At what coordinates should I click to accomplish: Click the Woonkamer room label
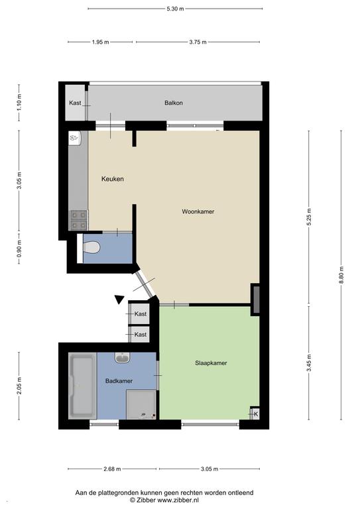click(x=198, y=211)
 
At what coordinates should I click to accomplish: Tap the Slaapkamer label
click(x=211, y=363)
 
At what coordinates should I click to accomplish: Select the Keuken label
click(x=112, y=179)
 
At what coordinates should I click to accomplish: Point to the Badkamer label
click(x=119, y=381)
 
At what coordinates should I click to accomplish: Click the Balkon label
click(x=174, y=103)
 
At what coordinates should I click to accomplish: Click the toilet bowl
click(x=91, y=247)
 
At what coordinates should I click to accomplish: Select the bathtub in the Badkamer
click(x=82, y=386)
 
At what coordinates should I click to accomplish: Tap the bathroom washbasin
click(x=123, y=358)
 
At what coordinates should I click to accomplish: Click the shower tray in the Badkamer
click(x=141, y=404)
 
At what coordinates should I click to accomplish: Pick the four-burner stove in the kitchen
click(x=79, y=220)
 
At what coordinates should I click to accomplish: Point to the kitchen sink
click(x=74, y=138)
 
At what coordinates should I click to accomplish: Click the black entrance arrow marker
click(x=119, y=300)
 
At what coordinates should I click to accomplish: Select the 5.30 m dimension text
click(x=175, y=9)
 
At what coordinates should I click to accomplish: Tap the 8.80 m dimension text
click(x=341, y=275)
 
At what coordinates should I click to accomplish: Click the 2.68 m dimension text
click(x=112, y=469)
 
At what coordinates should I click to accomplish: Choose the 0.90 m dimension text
click(x=19, y=248)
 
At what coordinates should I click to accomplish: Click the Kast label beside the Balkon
click(x=75, y=103)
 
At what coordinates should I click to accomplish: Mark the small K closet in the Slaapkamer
click(x=256, y=414)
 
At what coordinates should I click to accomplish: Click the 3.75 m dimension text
click(x=198, y=42)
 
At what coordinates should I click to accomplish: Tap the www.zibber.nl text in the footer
click(x=179, y=500)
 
